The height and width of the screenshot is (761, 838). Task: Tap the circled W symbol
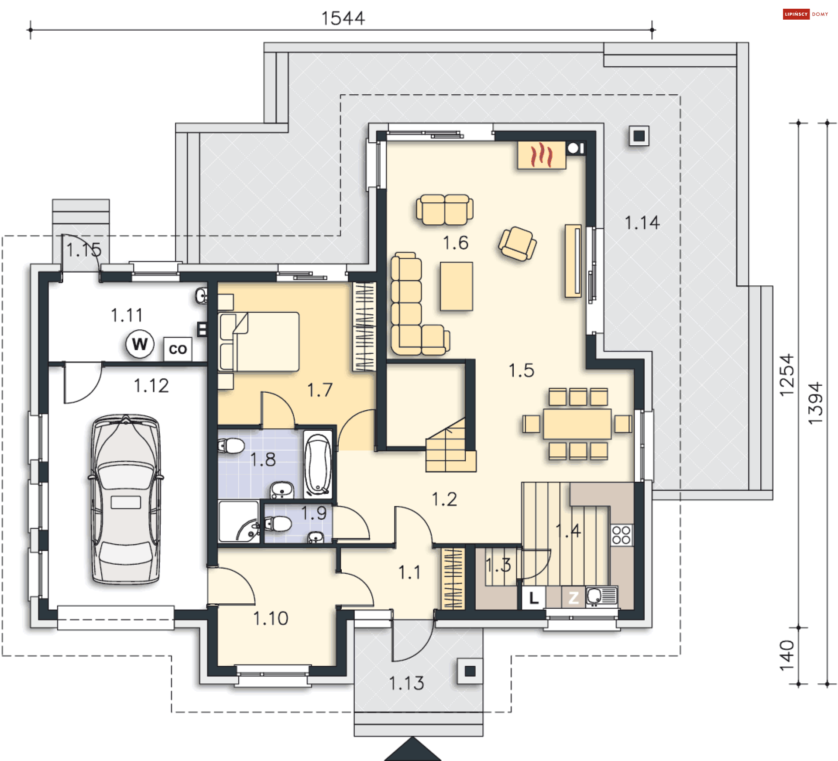[x=140, y=344]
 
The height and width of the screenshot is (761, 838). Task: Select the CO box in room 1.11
[x=178, y=349]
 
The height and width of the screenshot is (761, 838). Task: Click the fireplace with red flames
[x=541, y=155]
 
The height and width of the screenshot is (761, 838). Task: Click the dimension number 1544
[x=343, y=18]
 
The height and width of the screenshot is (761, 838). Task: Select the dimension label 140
[x=787, y=656]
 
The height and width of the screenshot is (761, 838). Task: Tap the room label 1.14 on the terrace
[x=642, y=223]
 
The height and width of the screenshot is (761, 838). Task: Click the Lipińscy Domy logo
[x=805, y=14]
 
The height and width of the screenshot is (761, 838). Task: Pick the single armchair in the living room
[x=518, y=244]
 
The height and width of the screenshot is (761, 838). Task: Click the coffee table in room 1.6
[x=456, y=286]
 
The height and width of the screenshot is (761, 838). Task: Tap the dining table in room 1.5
[x=577, y=424]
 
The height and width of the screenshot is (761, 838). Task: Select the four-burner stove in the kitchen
[x=621, y=535]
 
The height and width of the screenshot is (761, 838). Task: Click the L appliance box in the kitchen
[x=533, y=597]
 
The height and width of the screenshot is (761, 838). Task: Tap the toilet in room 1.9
[x=277, y=523]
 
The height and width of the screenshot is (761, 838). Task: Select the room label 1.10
[x=271, y=618]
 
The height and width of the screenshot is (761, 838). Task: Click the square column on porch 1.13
[x=470, y=671]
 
